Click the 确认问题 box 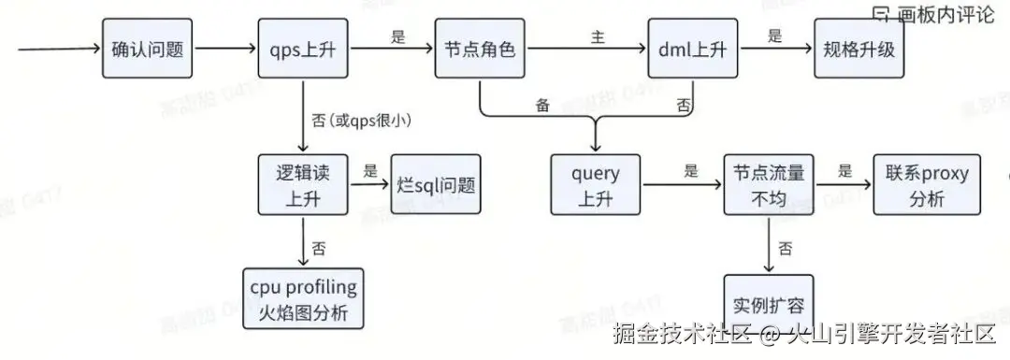[x=147, y=50]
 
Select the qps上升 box [x=302, y=50]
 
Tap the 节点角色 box [x=475, y=50]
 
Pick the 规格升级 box [x=859, y=50]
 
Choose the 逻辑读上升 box [x=302, y=185]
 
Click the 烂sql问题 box [x=434, y=185]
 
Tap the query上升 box [x=596, y=185]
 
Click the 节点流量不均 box [x=769, y=185]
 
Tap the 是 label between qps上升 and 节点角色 [x=397, y=36]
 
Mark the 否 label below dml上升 [x=684, y=104]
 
